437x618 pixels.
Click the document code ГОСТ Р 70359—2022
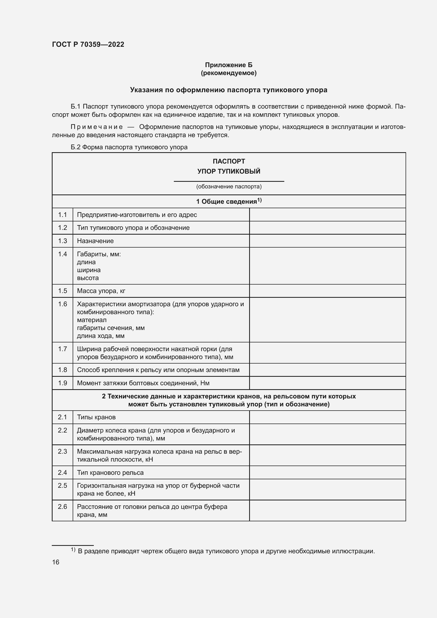click(88, 44)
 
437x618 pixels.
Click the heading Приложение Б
click(229, 65)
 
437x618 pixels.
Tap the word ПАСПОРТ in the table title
click(229, 161)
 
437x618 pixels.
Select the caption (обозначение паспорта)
click(229, 187)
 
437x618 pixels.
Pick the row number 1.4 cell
click(62, 254)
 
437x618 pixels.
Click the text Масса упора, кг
click(101, 291)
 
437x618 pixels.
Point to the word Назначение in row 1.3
click(95, 241)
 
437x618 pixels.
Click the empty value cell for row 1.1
click(327, 215)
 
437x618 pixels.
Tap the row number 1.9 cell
click(62, 383)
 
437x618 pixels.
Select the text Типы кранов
click(96, 417)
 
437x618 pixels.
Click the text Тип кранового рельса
click(110, 473)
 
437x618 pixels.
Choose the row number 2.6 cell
click(62, 507)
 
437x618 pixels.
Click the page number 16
click(56, 562)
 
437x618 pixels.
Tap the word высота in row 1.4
click(88, 278)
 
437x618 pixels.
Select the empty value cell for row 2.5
click(327, 490)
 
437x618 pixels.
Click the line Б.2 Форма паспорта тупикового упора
click(129, 147)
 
